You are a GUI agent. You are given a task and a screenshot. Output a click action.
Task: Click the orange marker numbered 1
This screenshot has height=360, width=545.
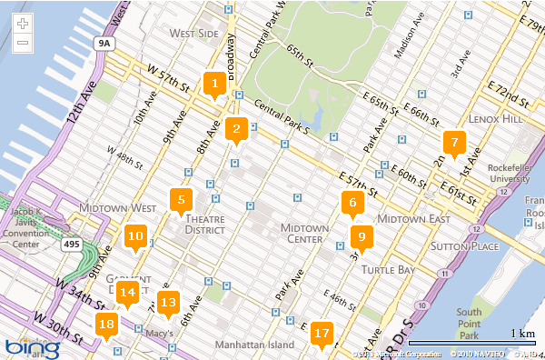point(214,85)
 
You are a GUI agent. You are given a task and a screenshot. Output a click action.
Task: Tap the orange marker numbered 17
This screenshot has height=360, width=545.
point(321,334)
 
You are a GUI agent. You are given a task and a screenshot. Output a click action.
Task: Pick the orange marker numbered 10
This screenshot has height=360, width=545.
point(135,237)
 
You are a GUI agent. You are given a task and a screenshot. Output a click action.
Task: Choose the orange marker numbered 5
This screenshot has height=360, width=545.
point(181,200)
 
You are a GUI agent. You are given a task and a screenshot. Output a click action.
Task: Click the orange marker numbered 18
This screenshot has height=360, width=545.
point(107,324)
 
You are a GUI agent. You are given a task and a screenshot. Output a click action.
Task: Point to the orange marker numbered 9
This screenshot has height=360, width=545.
point(361,237)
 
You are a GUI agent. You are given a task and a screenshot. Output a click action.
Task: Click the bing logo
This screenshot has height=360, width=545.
point(33,346)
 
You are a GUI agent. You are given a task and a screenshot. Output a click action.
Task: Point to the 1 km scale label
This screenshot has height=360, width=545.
point(522,334)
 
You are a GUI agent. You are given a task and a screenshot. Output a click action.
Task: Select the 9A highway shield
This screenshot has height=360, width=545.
point(106,42)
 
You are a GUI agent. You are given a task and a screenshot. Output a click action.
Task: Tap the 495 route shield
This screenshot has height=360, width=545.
point(70,245)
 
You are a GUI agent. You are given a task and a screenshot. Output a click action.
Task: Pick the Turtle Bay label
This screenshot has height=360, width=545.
point(388,270)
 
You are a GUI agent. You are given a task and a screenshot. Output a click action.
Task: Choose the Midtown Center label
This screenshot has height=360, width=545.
point(302,233)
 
